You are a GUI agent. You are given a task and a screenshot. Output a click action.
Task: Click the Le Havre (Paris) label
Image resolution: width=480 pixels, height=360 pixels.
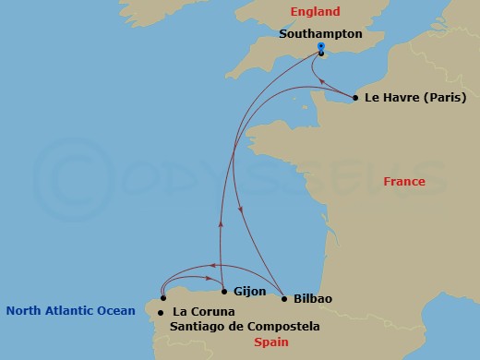(x=415, y=98)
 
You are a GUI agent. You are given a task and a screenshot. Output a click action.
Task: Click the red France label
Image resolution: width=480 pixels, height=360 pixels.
(x=404, y=182)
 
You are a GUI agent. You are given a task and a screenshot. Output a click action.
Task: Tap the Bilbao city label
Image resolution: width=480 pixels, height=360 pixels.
(x=312, y=299)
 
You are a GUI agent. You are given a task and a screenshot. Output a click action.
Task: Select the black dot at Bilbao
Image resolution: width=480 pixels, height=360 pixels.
(x=283, y=299)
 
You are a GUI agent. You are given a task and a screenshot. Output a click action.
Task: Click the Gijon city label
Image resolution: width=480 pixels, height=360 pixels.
(x=251, y=291)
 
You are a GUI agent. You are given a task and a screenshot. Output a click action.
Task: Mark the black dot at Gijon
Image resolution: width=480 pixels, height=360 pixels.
(x=224, y=291)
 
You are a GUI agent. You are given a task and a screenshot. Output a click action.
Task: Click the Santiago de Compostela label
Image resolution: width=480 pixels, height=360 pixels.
(x=245, y=327)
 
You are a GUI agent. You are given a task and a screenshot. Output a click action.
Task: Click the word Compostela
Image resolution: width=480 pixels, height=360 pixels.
(x=285, y=327)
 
